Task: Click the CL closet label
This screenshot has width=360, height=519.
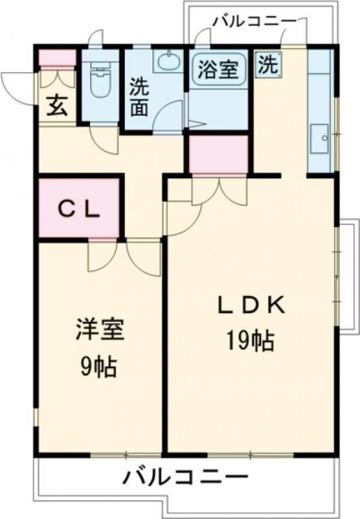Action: click(79, 209)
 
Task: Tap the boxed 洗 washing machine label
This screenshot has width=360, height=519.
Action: click(266, 66)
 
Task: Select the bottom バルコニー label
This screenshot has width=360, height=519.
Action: click(186, 477)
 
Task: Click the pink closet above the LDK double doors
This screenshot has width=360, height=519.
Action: click(218, 154)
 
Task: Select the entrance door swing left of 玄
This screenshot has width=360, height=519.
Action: click(18, 85)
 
